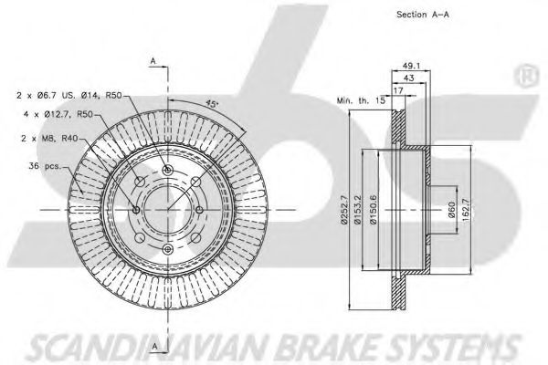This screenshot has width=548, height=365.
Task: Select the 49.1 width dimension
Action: pos(408,64)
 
